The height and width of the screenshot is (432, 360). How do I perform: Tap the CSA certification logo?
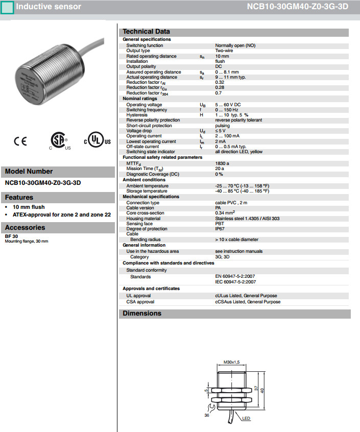point(59,141)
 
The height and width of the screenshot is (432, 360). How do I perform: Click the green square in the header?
point(7,7)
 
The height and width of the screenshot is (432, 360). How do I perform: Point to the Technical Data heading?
point(146,32)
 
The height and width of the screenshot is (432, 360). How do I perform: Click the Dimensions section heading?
point(142,314)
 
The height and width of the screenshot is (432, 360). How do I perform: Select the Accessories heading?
point(25,228)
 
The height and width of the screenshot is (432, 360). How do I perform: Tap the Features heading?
point(19,198)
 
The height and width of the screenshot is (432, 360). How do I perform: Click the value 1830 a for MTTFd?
point(222,163)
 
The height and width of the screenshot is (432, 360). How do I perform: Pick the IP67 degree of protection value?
point(220,229)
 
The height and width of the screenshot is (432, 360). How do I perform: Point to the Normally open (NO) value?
point(235,45)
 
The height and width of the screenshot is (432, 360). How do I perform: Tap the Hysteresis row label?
point(137,115)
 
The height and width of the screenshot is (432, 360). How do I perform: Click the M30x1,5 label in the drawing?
point(232,363)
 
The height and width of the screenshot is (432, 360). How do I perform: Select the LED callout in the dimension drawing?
point(246,418)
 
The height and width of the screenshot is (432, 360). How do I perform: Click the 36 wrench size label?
point(207,415)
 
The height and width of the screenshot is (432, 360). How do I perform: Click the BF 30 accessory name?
point(12,236)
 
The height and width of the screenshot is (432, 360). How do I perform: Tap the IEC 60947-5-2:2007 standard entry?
point(235,282)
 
